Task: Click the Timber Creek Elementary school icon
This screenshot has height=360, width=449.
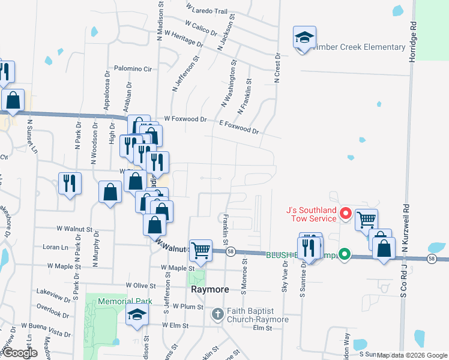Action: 304,38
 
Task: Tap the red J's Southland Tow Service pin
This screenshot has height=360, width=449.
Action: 345,213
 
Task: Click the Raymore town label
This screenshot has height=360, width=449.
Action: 209,289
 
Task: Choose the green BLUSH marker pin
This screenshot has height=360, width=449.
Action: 345,254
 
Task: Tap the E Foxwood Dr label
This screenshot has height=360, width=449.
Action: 239,127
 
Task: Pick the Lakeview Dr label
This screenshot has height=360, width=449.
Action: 53,291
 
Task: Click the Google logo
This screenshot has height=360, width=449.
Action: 19,353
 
